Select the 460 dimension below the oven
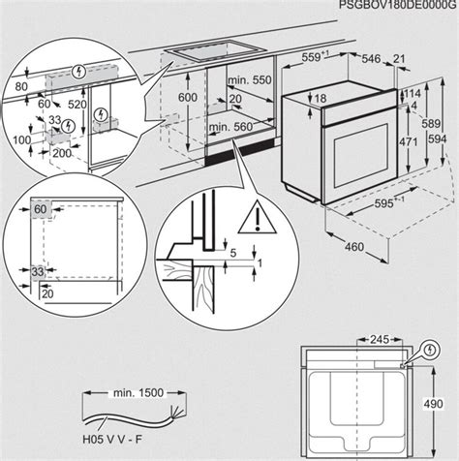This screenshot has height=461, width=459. tap(354, 247)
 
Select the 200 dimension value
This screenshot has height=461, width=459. tap(63, 154)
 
